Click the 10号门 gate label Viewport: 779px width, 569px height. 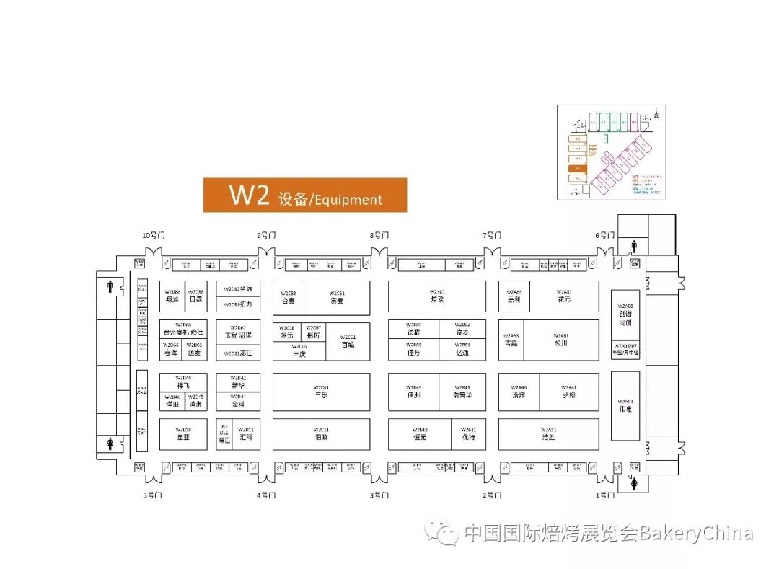[x=152, y=235]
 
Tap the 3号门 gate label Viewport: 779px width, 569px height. [x=379, y=495]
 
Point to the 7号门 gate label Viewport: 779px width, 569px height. [x=492, y=235]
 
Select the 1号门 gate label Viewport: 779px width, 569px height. [x=605, y=495]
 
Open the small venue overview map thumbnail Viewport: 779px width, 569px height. [x=611, y=151]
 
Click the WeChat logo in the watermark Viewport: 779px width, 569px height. [x=441, y=533]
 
